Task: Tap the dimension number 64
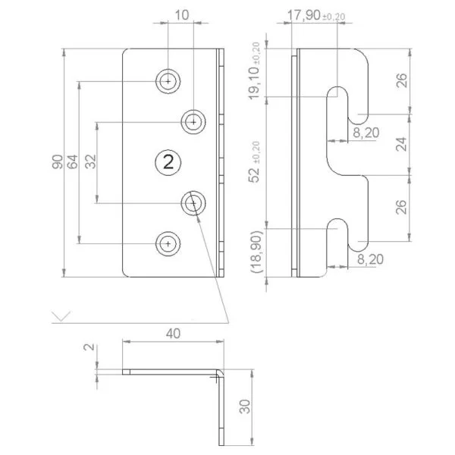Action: pos(73,162)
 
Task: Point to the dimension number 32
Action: pos(91,162)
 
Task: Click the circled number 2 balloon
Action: pos(168,162)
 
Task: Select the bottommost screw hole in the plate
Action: pos(168,243)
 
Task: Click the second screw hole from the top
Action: pos(193,121)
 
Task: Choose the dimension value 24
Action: pos(402,144)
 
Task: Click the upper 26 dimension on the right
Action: pos(402,80)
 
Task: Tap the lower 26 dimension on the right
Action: pos(402,206)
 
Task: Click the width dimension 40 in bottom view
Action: pos(173,333)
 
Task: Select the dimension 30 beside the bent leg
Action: pos(244,408)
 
